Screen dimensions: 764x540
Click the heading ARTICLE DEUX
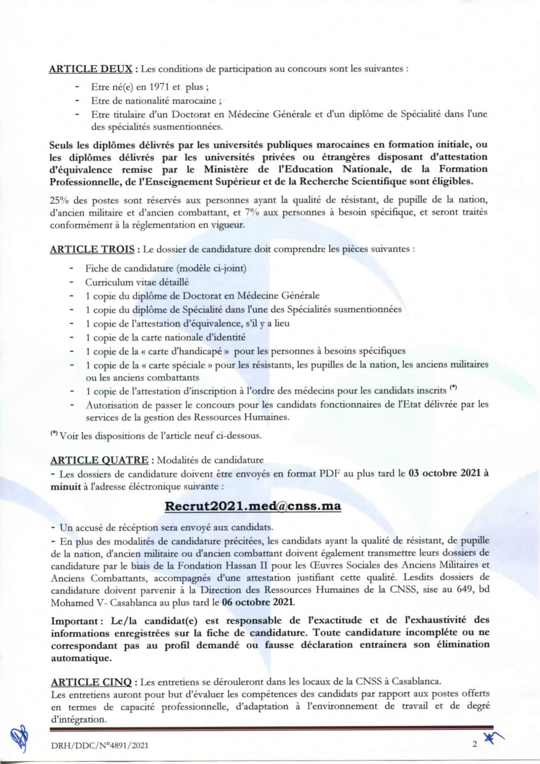point(91,69)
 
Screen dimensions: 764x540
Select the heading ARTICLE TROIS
point(92,249)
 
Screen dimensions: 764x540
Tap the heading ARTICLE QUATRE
point(100,460)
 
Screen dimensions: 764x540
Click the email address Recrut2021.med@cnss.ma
point(253,506)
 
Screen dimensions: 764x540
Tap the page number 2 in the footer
point(475,745)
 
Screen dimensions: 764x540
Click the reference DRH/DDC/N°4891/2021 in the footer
point(100,745)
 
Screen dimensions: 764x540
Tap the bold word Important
point(75,621)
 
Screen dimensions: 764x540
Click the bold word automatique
point(81,658)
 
